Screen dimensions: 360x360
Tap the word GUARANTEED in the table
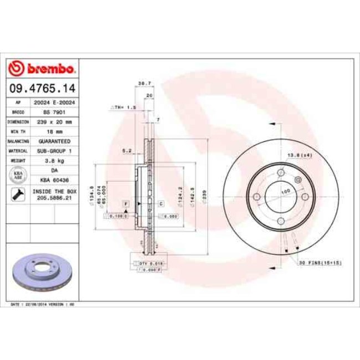point(54,141)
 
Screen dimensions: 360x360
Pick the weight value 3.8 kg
point(54,161)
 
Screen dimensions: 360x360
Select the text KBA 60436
point(54,181)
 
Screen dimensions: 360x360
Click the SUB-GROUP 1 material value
point(54,151)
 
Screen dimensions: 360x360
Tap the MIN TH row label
point(18,131)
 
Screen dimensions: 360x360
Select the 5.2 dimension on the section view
point(126,150)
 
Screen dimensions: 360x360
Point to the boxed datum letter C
point(161,204)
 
